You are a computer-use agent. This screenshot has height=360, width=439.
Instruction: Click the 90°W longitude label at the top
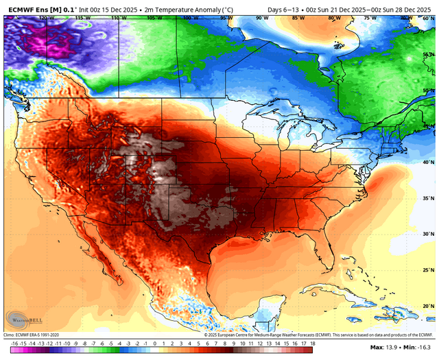[261, 19]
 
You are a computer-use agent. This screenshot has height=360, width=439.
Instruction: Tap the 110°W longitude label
[118, 19]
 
